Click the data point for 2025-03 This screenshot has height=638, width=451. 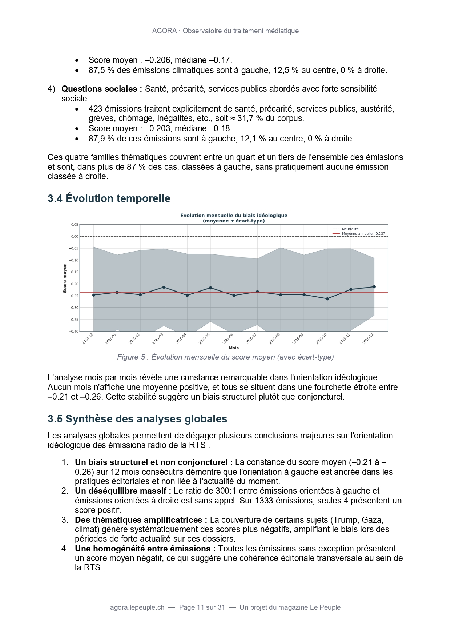[x=164, y=287]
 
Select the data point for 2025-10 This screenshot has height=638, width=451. [x=327, y=299]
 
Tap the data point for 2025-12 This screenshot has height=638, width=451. [x=374, y=287]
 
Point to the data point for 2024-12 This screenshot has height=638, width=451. [x=94, y=295]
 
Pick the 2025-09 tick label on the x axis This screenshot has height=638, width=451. [x=298, y=339]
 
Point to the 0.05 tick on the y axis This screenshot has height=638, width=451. [x=74, y=225]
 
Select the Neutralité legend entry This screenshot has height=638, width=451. [x=350, y=229]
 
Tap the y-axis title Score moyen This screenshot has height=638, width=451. [x=65, y=278]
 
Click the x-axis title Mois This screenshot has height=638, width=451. [x=234, y=348]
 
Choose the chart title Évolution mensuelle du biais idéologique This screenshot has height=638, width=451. [x=234, y=216]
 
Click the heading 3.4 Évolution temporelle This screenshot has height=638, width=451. [x=109, y=198]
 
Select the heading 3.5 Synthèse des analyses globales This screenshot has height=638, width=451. [x=137, y=419]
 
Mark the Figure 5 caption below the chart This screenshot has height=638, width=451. [x=225, y=357]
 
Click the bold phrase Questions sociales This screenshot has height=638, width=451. [x=102, y=89]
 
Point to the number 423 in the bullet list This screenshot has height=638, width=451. [x=95, y=109]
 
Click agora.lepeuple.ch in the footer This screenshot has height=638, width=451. [x=137, y=607]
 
